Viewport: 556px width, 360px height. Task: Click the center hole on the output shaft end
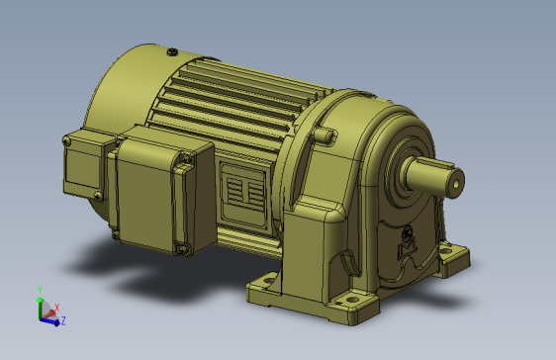click(456, 184)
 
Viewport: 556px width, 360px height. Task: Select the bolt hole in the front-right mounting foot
click(352, 300)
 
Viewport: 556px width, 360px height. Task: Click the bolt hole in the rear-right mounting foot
click(445, 251)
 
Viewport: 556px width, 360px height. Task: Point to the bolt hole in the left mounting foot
click(269, 280)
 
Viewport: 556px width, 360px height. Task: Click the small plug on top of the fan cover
click(172, 52)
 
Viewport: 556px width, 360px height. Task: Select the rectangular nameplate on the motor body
click(244, 194)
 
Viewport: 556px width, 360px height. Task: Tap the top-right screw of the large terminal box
click(186, 158)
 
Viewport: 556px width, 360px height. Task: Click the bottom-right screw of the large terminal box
click(183, 249)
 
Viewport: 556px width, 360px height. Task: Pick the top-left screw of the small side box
click(66, 141)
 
